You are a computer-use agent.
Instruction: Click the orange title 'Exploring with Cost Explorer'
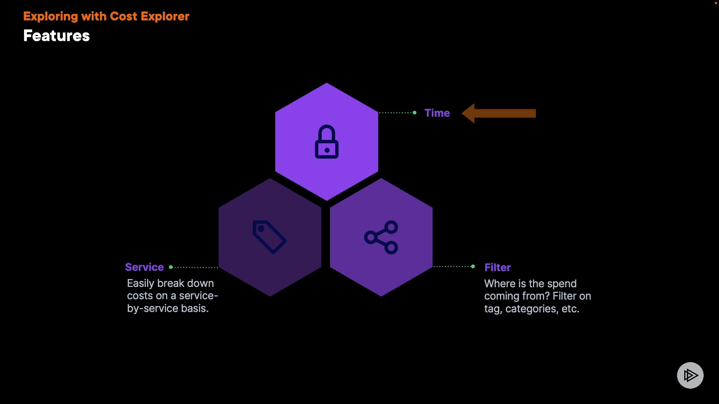[x=106, y=16]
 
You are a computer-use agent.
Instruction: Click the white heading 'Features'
[x=57, y=36]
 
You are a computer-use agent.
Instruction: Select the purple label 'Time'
[x=437, y=113]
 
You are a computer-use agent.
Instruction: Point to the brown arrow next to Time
[x=499, y=113]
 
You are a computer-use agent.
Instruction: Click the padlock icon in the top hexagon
[x=327, y=141]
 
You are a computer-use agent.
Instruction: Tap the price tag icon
[x=270, y=237]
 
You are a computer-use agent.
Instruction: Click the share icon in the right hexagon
[x=381, y=237]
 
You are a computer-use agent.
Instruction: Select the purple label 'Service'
[x=145, y=267]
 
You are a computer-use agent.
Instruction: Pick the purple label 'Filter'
[x=498, y=267]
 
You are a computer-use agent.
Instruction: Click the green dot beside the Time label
[x=415, y=113]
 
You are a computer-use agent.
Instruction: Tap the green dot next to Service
[x=171, y=267]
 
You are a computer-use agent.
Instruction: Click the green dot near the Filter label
[x=473, y=266]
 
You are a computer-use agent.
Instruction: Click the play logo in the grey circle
[x=690, y=375]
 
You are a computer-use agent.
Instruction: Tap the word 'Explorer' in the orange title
[x=165, y=16]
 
